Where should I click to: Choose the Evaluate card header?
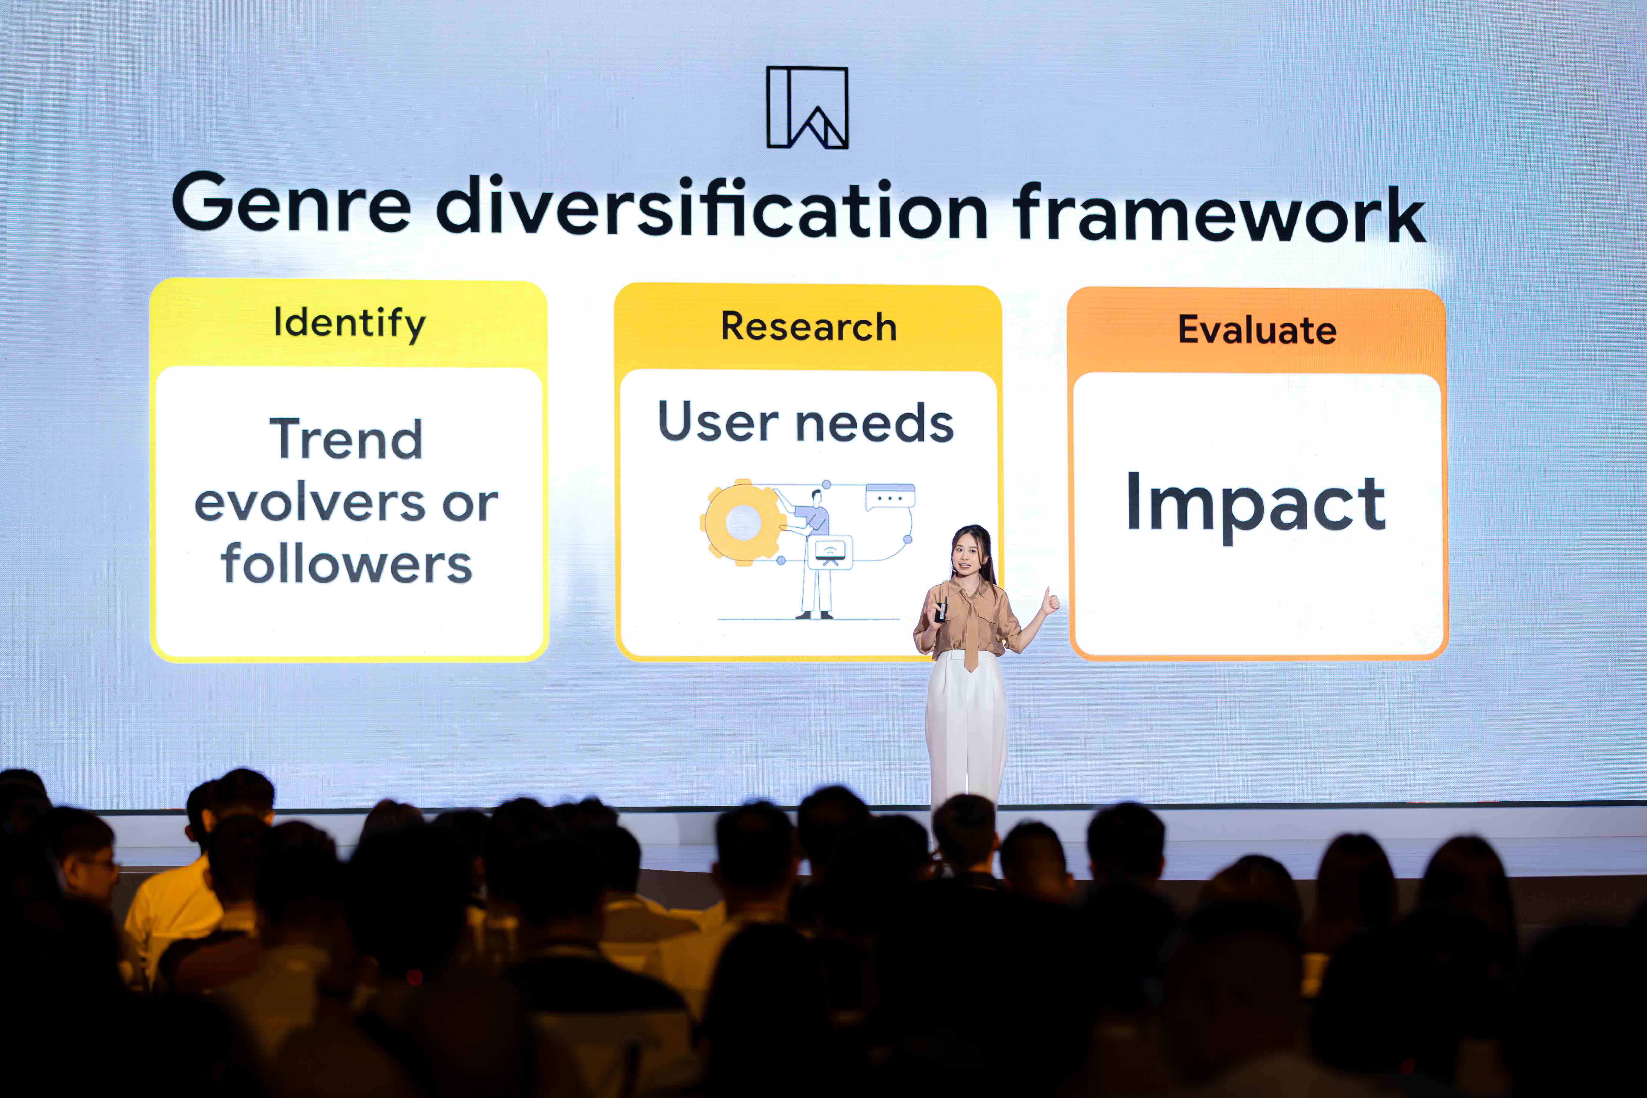click(x=1257, y=330)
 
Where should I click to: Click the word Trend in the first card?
click(x=347, y=439)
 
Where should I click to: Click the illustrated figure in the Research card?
click(x=814, y=553)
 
